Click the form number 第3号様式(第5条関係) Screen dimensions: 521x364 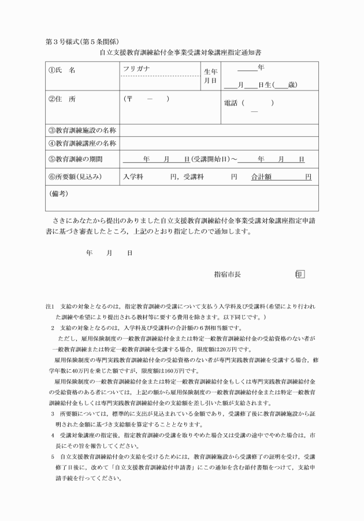coord(76,42)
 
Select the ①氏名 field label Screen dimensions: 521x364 coord(62,70)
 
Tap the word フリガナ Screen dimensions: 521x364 coord(136,69)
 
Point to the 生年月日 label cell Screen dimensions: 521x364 coord(210,76)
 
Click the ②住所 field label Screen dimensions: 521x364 coord(62,99)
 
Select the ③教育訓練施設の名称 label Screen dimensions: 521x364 coord(82,130)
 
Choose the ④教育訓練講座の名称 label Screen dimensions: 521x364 coord(82,143)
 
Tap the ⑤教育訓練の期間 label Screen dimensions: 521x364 coord(75,159)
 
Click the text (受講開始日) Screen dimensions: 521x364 coord(210,159)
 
